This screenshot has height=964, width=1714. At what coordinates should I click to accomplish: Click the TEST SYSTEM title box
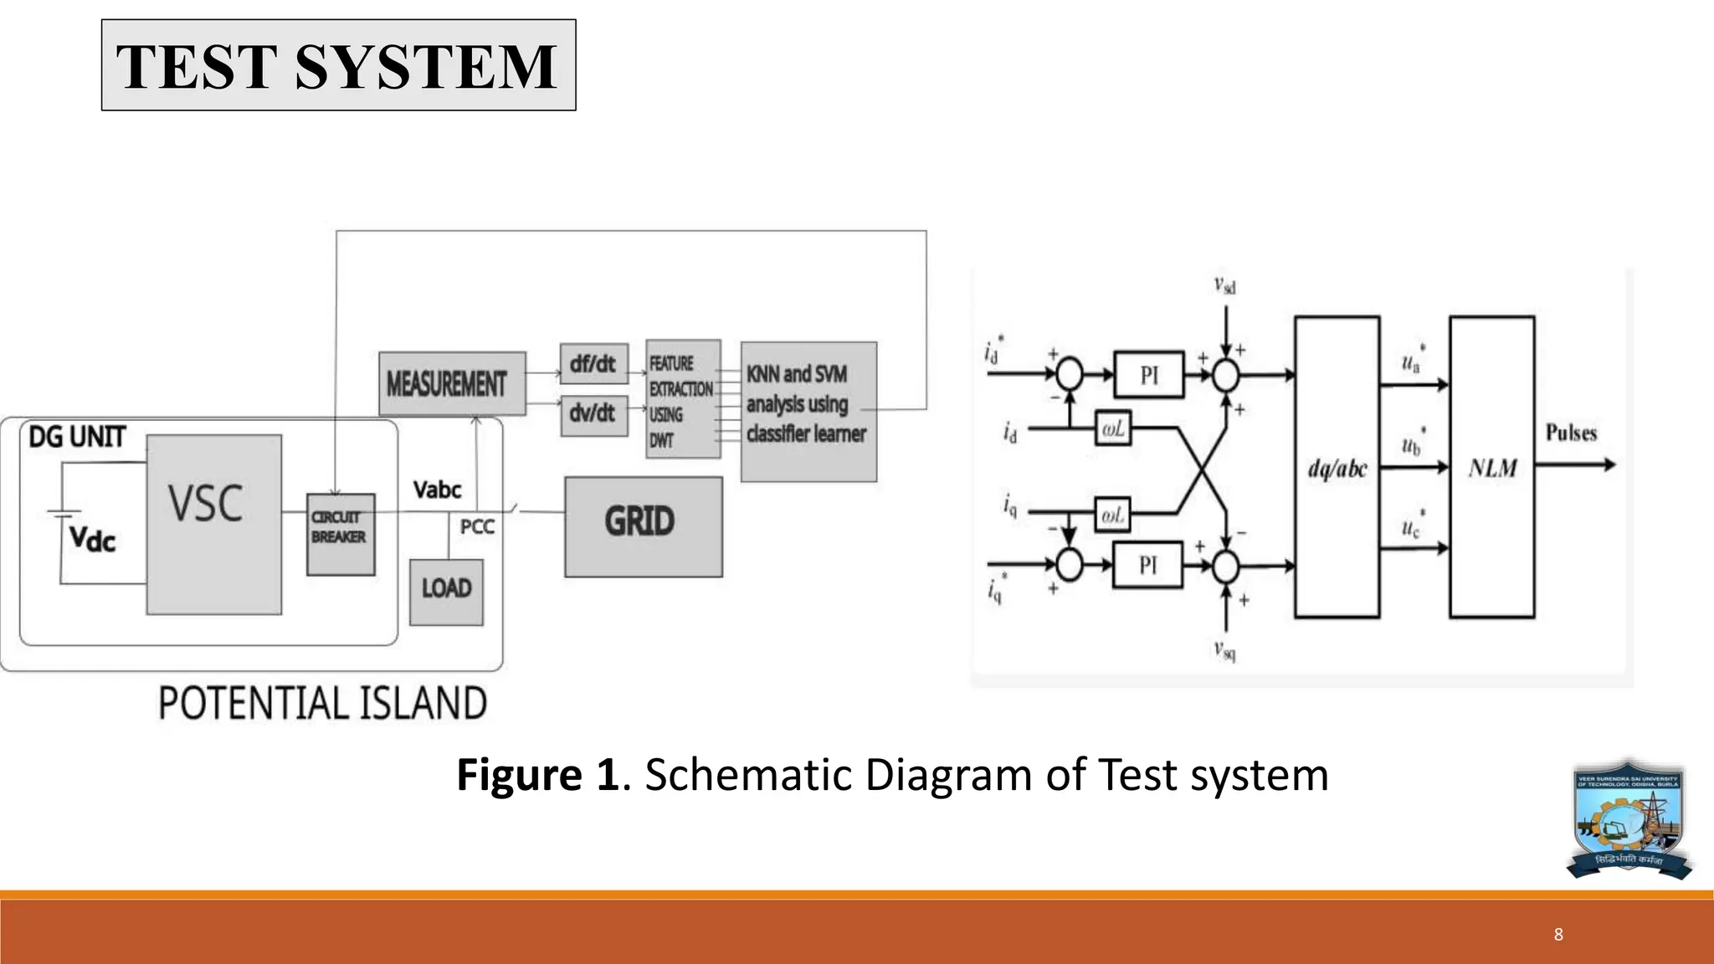pos(338,65)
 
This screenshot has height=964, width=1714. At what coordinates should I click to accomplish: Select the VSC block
pos(213,524)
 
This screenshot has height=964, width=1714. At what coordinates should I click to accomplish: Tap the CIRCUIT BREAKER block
pos(340,534)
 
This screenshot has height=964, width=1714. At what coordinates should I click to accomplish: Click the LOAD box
pos(446,592)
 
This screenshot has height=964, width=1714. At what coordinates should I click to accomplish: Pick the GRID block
pos(643,526)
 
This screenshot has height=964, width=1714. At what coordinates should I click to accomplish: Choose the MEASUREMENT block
pos(452,384)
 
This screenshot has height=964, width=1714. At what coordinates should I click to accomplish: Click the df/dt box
pos(593,364)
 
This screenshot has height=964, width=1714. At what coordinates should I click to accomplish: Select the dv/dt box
pos(593,413)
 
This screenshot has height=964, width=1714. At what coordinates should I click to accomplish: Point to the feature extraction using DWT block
pos(683,399)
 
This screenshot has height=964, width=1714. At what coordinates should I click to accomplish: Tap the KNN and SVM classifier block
pos(808,412)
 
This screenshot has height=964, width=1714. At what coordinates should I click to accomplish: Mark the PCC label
pos(477,527)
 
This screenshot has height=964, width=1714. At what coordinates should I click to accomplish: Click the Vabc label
pos(437,490)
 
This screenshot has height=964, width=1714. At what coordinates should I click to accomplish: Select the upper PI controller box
pos(1149,375)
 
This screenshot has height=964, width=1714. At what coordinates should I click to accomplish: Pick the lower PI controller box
pos(1147,566)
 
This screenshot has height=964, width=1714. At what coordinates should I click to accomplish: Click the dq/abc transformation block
pos(1337,467)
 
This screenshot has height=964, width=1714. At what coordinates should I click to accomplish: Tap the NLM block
pos(1491,467)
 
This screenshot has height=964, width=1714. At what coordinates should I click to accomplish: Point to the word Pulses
pos(1571,433)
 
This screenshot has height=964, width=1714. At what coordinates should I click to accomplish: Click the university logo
pos(1629,820)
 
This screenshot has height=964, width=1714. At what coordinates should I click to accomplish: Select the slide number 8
pos(1558,935)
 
